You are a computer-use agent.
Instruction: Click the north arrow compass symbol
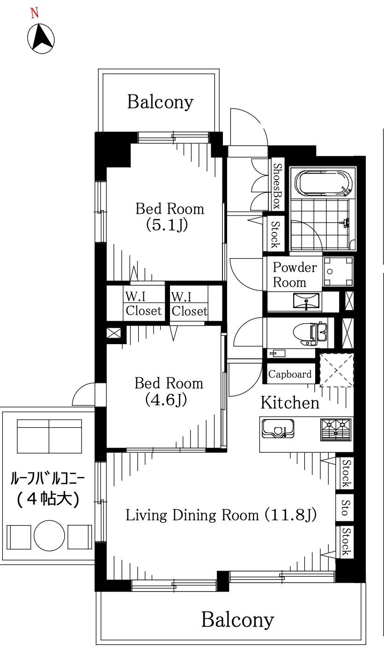click(41, 37)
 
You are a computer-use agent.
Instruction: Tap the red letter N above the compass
click(34, 13)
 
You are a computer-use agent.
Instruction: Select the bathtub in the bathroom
click(323, 184)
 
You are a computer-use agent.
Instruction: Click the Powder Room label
click(295, 275)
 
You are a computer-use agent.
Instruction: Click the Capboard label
click(290, 374)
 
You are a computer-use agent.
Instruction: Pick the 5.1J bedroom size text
click(170, 225)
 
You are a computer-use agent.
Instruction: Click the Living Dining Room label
click(222, 515)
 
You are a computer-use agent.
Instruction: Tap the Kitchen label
click(290, 402)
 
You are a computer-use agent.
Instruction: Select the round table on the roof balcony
click(49, 536)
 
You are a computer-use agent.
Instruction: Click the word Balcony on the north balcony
click(160, 101)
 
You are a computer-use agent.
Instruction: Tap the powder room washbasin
click(307, 301)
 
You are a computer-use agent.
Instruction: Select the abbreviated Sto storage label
click(344, 508)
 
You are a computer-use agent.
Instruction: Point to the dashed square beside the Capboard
click(336, 370)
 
